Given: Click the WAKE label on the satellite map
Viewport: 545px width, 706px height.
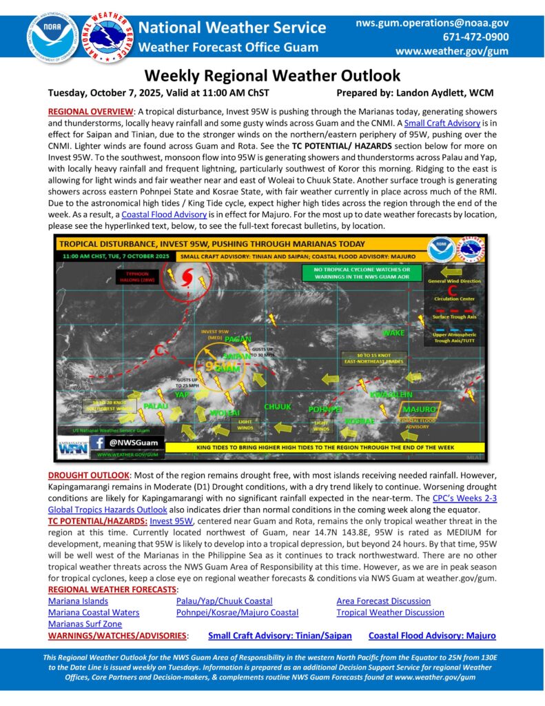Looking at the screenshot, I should pyautogui.click(x=393, y=333).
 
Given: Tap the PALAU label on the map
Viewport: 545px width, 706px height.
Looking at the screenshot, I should pyautogui.click(x=157, y=407).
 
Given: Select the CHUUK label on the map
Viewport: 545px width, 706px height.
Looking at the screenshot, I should pyautogui.click(x=277, y=407).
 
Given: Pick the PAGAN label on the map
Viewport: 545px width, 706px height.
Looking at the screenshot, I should pyautogui.click(x=237, y=339).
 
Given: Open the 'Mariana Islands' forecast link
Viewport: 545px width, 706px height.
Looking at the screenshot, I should pyautogui.click(x=77, y=601).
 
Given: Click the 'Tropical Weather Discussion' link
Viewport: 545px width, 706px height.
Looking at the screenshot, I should pyautogui.click(x=390, y=612).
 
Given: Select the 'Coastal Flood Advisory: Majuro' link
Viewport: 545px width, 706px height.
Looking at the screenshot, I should pyautogui.click(x=432, y=636).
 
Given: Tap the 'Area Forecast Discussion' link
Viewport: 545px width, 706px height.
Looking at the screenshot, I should pyautogui.click(x=383, y=601).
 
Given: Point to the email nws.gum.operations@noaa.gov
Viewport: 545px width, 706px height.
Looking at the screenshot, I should pyautogui.click(x=433, y=23).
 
